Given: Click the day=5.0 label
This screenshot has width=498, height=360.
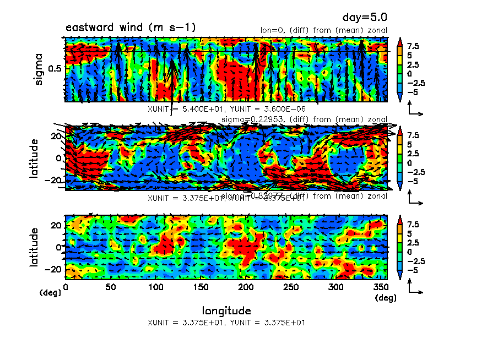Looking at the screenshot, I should coord(368,19).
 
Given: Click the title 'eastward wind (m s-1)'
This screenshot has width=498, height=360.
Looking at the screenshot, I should coord(131,28).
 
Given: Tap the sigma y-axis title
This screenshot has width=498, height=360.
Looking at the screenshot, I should coord(39,69).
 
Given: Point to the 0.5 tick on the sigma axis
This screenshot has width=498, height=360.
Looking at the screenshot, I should coord(56,68).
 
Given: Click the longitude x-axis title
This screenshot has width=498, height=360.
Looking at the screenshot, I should coord(226,310).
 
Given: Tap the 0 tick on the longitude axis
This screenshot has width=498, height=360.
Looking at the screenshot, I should coord(66,287).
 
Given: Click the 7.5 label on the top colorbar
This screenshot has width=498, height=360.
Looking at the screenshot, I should coord(413,47).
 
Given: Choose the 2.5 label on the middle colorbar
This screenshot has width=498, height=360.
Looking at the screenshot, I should coord(413,154).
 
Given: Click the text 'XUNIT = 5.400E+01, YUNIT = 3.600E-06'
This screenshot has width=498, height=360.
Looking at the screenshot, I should coord(226,109).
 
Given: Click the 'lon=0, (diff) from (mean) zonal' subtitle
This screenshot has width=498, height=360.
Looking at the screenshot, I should coord(324,30).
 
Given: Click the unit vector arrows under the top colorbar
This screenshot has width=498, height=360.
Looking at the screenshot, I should coord(415,110).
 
